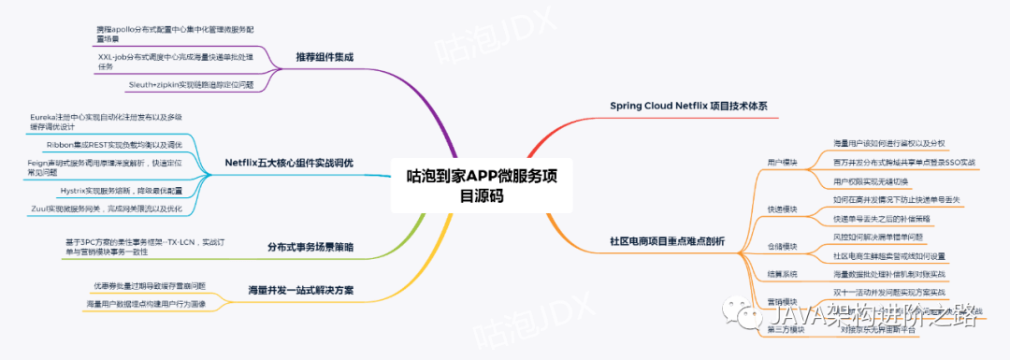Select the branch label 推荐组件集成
[325, 56]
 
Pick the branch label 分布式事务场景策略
[310, 247]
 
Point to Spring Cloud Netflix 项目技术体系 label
[687, 106]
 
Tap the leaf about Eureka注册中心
[104, 122]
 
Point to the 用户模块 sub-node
[782, 163]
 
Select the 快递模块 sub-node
[782, 209]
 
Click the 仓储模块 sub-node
[782, 247]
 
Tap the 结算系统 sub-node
[782, 274]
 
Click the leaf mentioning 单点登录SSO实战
[903, 163]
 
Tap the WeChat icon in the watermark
[748, 316]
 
